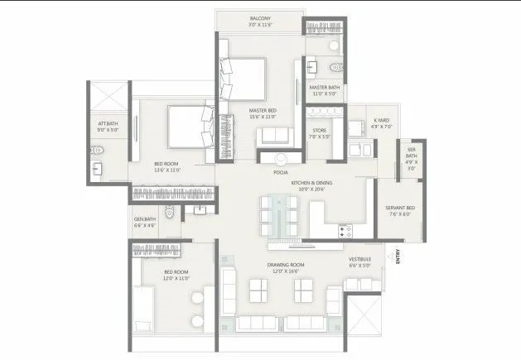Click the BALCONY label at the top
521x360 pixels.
coord(260,17)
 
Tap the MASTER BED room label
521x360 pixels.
coord(263,109)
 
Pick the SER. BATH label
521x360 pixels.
coord(411,155)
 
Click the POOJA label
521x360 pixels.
coord(280,174)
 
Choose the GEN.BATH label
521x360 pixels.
coord(145,219)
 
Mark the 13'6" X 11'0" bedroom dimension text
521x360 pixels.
coord(169,170)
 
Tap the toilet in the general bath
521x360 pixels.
coord(169,214)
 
